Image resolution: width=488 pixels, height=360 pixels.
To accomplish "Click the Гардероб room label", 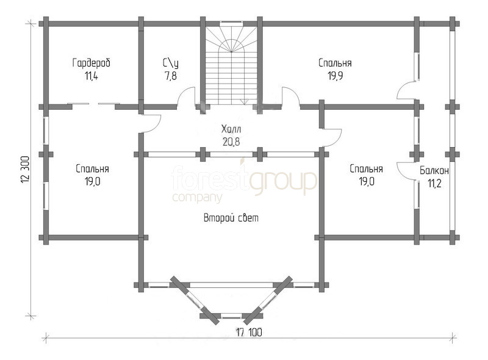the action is point(91,63).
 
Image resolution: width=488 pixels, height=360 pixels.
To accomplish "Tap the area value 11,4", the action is point(91,76).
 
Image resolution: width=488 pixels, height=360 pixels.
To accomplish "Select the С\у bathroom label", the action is point(171,63).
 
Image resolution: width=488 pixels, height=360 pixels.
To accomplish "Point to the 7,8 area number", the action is point(171,76).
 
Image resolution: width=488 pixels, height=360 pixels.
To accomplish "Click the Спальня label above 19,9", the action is point(335,63).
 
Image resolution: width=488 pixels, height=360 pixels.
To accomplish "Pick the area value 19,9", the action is point(335,76).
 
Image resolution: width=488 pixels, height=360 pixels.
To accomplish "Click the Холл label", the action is point(231,129).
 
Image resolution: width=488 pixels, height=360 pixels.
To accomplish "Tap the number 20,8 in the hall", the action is point(231,142).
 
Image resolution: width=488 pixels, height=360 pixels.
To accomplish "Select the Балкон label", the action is point(434,171).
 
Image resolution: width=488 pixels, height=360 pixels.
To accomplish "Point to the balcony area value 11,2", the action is point(434,184).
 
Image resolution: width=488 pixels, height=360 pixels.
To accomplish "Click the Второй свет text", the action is point(231,218).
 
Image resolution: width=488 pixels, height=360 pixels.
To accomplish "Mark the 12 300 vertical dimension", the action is point(26,170).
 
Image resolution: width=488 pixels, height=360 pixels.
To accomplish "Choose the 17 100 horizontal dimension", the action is point(249,333).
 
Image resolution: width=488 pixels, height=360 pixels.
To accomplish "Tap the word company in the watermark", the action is point(197,198).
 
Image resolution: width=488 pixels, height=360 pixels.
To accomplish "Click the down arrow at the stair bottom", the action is point(245,102).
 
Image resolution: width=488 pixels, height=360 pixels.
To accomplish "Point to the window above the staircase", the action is point(231,23).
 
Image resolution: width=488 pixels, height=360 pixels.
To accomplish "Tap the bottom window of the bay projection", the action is point(231,316).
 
